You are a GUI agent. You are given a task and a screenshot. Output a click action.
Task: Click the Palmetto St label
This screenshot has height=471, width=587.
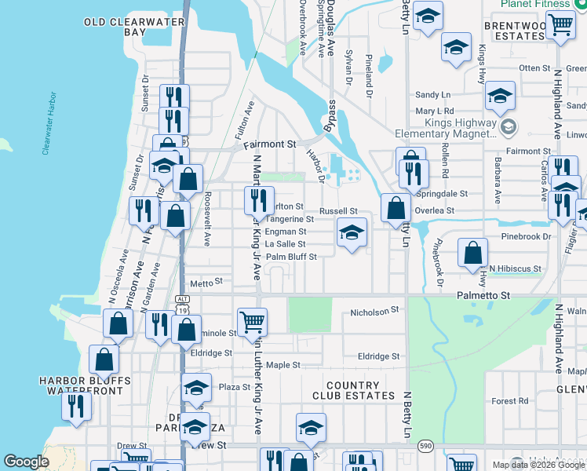(483, 295)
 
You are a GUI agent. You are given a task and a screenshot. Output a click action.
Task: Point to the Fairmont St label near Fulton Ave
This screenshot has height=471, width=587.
(269, 144)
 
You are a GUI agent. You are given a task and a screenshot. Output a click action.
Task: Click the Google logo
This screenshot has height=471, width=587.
(27, 462)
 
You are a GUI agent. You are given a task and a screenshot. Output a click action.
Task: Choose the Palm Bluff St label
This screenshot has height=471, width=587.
(291, 257)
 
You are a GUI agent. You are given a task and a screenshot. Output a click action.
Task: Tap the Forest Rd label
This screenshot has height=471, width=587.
(510, 401)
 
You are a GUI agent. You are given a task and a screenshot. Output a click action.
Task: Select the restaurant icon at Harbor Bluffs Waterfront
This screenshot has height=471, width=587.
(77, 405)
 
